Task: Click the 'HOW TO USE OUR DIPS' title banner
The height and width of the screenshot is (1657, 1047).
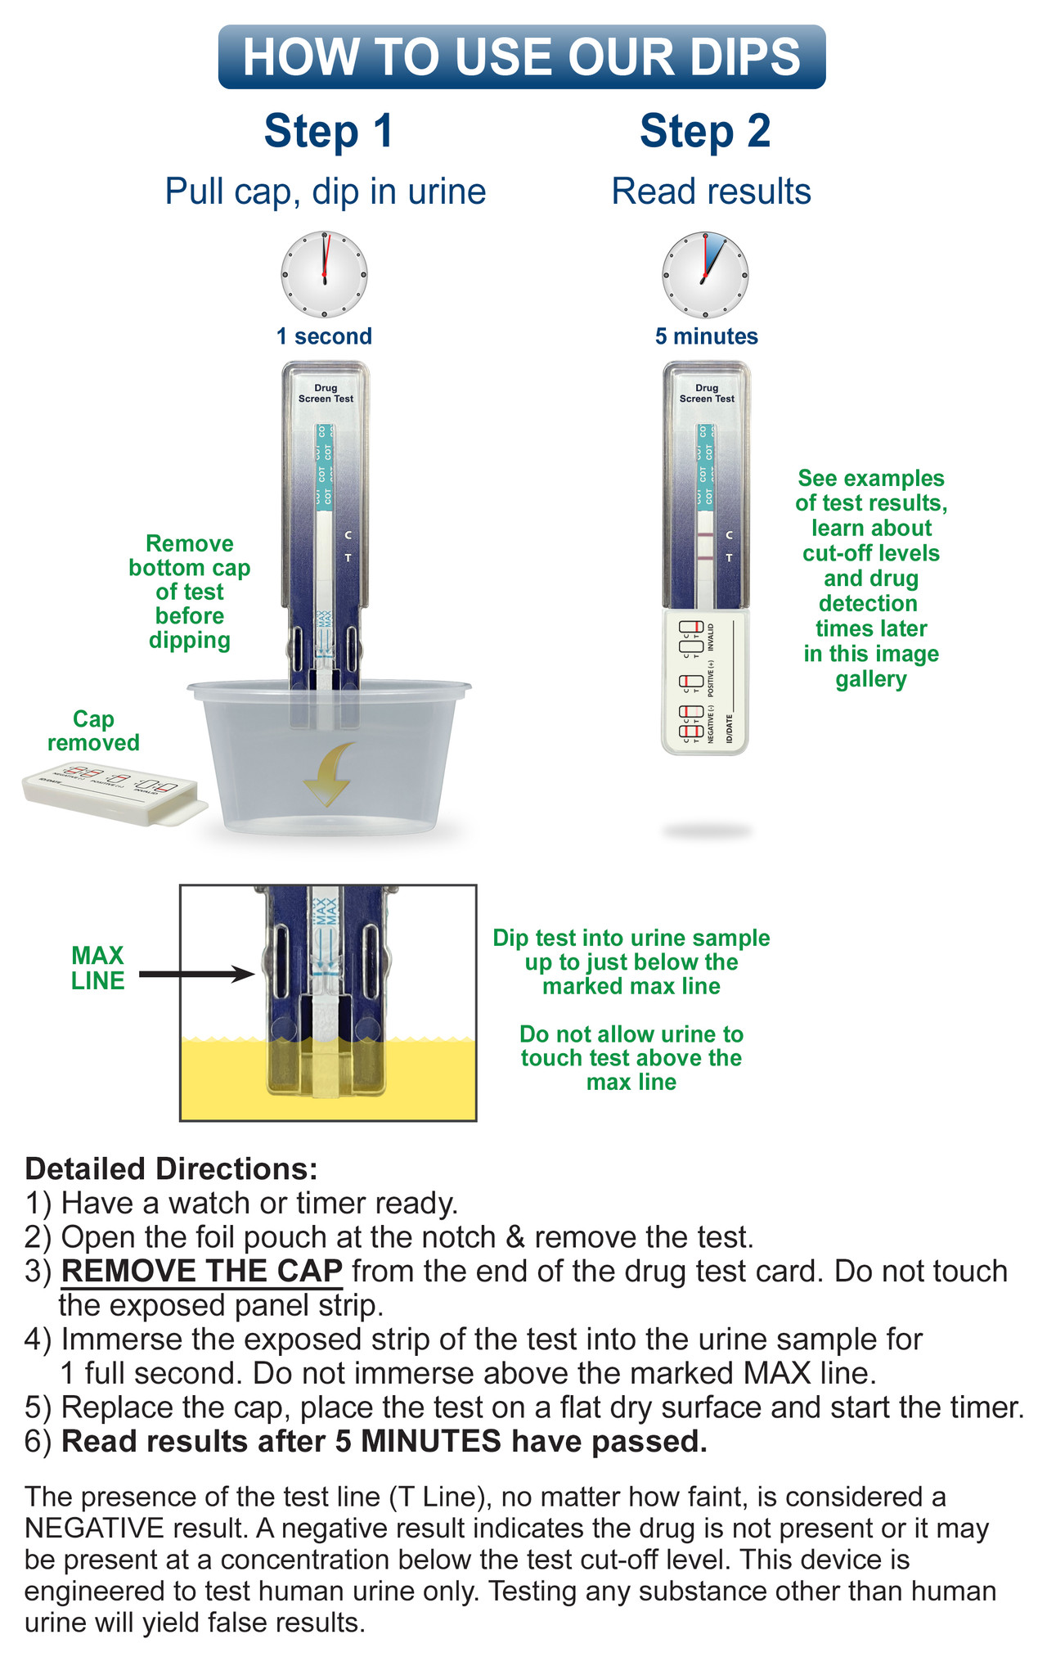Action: coord(522,57)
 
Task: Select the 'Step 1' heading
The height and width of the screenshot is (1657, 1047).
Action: coord(328,131)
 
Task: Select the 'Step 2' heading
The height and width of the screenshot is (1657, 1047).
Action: coord(705,131)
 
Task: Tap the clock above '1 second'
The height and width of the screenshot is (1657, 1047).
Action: coord(324,274)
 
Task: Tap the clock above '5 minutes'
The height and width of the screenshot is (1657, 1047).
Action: coord(705,274)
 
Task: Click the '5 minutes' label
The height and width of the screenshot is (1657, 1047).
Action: coord(706,336)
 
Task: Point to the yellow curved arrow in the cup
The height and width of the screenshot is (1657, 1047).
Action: coord(329,773)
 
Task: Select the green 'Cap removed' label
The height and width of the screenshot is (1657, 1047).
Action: coord(93,731)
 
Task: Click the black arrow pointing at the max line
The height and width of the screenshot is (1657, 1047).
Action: coord(196,974)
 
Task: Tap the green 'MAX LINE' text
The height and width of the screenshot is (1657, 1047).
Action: coord(97,968)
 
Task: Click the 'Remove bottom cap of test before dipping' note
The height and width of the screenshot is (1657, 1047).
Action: coord(190,592)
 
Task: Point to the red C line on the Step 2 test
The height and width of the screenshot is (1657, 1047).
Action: coord(705,534)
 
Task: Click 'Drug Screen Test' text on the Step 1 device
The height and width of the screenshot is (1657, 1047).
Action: coord(326,394)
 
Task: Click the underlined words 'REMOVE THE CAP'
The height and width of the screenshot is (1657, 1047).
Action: coord(202,1271)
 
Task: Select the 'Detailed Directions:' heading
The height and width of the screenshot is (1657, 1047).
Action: coord(171,1168)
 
